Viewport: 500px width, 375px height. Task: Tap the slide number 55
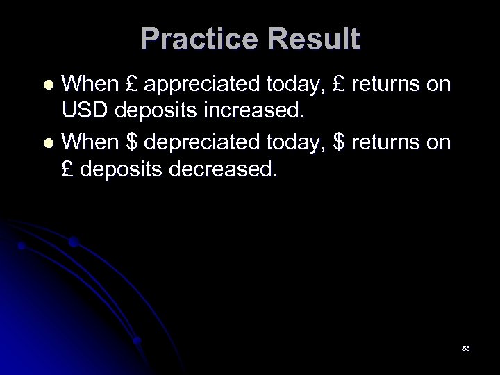(465, 347)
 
